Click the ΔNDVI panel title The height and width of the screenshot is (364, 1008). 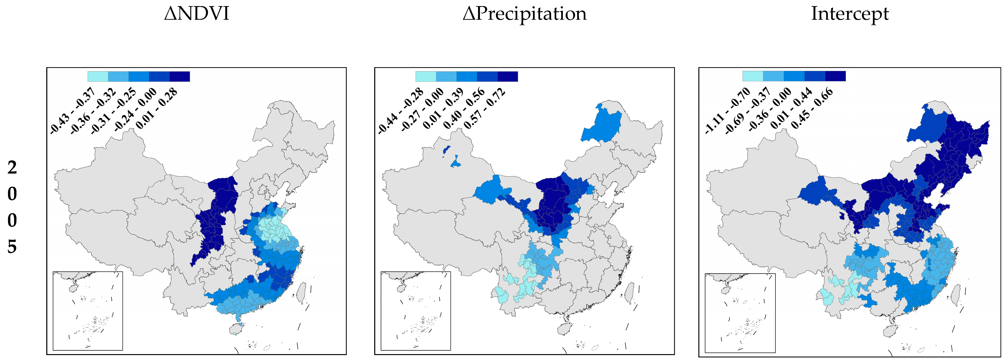[x=196, y=14]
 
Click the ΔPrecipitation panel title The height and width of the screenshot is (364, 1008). [x=524, y=14]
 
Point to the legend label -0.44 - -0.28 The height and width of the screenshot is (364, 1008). [x=401, y=111]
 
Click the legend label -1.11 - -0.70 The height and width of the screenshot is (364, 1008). [x=728, y=111]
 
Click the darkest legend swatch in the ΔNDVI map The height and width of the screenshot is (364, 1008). [x=180, y=77]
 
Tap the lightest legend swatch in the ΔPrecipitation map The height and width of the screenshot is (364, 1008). [x=426, y=77]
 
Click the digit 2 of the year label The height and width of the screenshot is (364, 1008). [x=12, y=167]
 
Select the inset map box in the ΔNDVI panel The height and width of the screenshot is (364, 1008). [x=88, y=311]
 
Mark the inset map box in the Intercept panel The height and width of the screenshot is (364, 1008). [x=740, y=313]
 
